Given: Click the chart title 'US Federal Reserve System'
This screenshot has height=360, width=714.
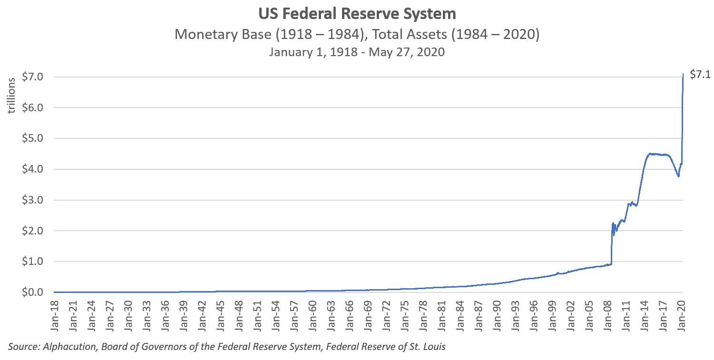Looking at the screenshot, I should coord(357,14).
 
